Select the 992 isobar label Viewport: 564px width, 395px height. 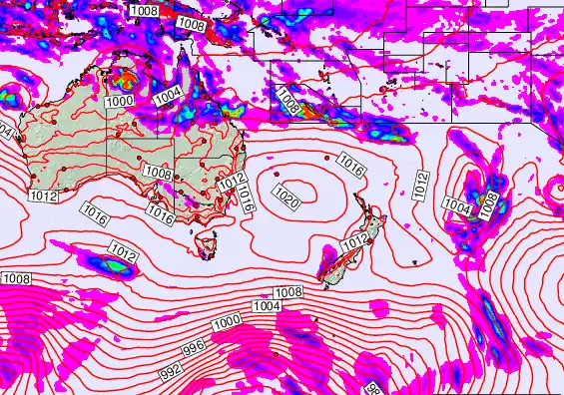(x=172, y=367)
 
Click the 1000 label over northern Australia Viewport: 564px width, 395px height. (x=120, y=101)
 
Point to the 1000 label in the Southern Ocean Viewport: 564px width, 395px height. (x=227, y=321)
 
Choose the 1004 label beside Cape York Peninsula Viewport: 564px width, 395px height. (x=168, y=95)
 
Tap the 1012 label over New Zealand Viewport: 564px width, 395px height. (x=355, y=242)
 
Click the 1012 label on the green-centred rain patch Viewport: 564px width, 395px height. (x=124, y=252)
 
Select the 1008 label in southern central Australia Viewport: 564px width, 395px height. (x=158, y=173)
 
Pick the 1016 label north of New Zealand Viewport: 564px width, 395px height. (x=350, y=161)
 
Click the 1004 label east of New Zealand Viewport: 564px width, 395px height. (x=457, y=206)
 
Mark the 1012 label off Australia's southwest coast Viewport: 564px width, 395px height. (x=43, y=197)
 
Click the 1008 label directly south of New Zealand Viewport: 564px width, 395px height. (x=288, y=292)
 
